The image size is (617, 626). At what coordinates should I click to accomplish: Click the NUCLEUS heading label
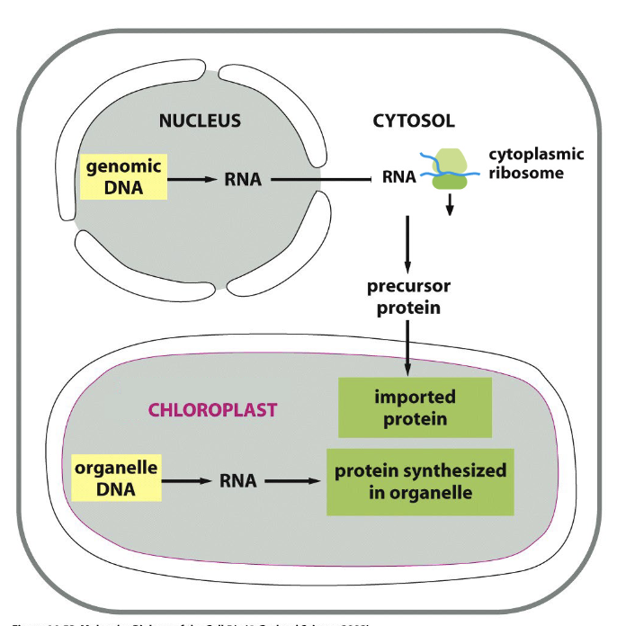tap(200, 121)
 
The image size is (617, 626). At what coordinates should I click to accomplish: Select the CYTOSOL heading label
tap(414, 121)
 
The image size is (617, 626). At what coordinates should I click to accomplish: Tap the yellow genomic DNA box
tap(124, 176)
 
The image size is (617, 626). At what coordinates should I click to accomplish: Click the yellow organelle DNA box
tap(116, 478)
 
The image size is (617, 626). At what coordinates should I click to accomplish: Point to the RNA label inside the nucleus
tap(243, 180)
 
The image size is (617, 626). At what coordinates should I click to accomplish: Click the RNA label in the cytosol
tap(398, 177)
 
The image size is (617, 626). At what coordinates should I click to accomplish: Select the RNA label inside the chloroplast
tap(237, 480)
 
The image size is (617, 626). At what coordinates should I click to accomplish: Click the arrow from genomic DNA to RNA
tap(194, 180)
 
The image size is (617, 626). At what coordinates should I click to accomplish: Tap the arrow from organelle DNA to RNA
tap(187, 480)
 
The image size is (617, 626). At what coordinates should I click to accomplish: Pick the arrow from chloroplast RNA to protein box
tap(291, 480)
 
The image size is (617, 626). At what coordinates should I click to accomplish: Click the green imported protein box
tap(414, 407)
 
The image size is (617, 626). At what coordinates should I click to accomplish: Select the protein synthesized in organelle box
tap(420, 482)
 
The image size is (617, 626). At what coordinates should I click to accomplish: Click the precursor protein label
tap(408, 297)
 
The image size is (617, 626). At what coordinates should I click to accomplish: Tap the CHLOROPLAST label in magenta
tap(212, 410)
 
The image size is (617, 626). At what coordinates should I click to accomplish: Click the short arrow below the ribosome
tap(451, 206)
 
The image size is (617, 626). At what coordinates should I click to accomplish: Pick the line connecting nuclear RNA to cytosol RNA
tap(324, 180)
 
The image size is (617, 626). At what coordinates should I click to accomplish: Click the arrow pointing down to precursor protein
tap(408, 243)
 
